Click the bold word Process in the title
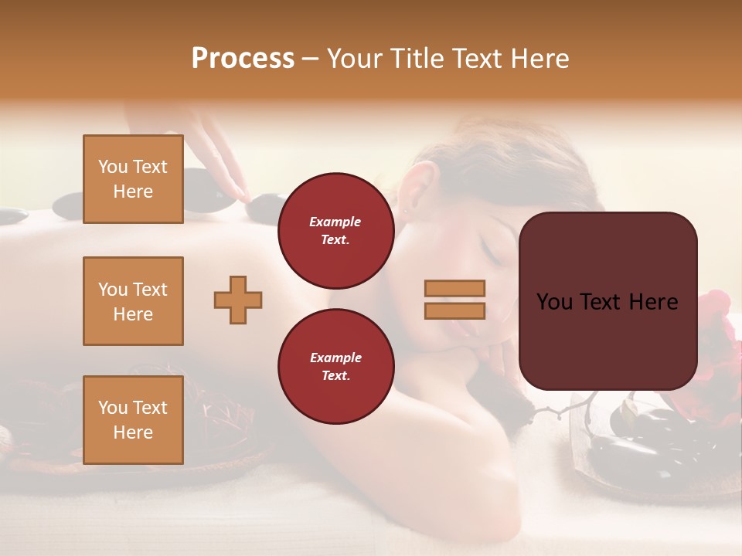point(243,58)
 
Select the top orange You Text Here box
point(133,179)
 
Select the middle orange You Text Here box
point(133,301)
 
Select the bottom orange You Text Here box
point(133,420)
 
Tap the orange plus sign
point(238,300)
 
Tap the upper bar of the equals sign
point(454,288)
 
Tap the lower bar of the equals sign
point(454,310)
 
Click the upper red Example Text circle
point(335,230)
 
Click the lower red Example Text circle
point(335,366)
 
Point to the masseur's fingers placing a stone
point(232,185)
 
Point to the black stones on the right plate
point(657,440)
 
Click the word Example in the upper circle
point(335,222)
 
